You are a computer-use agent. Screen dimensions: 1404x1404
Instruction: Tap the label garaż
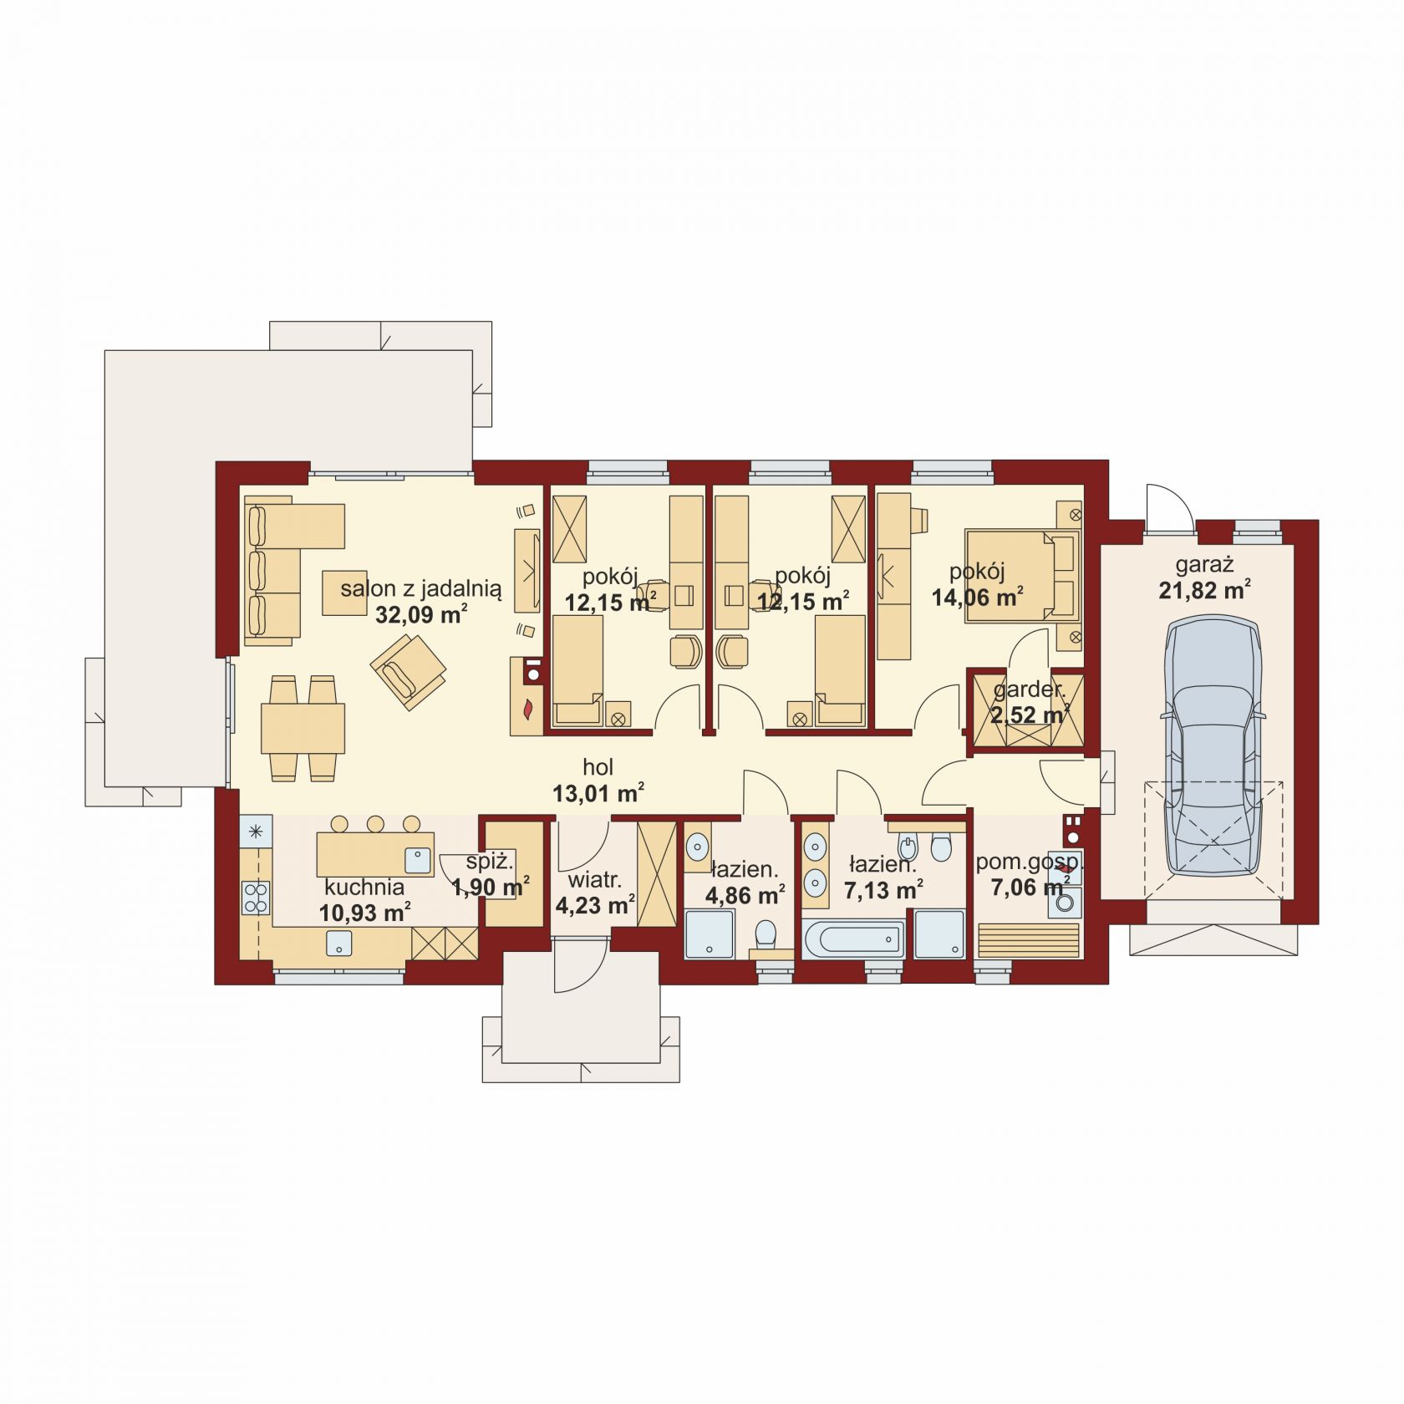click(1204, 564)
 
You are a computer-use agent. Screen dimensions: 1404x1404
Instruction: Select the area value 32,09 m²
click(421, 615)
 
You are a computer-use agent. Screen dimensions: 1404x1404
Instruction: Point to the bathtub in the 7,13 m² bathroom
click(853, 940)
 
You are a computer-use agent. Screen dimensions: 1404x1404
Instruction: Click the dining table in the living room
click(303, 729)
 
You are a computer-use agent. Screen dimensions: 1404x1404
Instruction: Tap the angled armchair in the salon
click(408, 671)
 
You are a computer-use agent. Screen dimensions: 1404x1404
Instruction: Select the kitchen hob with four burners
click(256, 898)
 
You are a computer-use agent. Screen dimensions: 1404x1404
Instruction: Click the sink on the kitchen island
click(417, 858)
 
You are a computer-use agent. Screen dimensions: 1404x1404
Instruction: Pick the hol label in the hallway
click(598, 767)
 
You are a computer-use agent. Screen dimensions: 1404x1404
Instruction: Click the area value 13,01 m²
click(598, 793)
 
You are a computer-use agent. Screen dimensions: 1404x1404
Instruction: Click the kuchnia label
click(364, 887)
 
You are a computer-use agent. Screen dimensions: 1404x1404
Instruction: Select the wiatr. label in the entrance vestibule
click(594, 880)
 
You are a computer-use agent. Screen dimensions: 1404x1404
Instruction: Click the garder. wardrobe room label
click(1030, 690)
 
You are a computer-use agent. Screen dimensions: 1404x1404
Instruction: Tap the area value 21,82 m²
click(1204, 590)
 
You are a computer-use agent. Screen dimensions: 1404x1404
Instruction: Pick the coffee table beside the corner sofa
click(344, 593)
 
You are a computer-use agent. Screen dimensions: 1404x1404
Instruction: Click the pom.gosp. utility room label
click(1030, 862)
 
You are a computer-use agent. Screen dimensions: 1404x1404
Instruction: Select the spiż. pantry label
click(490, 862)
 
